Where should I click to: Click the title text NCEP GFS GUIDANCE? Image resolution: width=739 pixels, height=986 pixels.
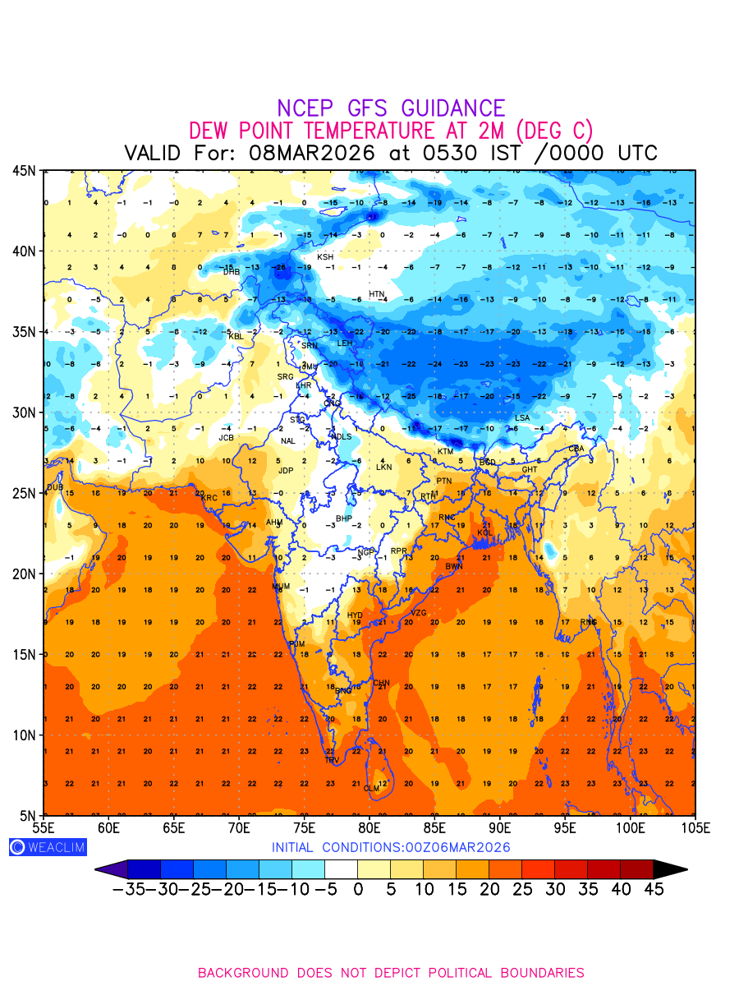pos(391,108)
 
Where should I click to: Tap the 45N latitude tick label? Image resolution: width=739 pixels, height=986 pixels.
pos(23,171)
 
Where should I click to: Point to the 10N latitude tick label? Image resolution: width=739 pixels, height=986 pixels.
pos(23,735)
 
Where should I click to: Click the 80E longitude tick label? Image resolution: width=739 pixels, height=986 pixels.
pos(369,827)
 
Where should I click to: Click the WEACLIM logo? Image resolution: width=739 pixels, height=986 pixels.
pos(48,847)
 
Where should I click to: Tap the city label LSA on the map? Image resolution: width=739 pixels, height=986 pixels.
pos(522,418)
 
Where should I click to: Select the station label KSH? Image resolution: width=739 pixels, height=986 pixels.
pos(325,257)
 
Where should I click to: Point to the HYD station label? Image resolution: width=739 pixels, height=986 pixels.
pos(355,615)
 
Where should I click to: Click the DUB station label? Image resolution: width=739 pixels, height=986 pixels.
pos(55,487)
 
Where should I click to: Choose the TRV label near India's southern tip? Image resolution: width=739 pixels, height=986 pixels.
pos(332,760)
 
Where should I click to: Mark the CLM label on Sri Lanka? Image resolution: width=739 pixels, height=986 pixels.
pos(372,788)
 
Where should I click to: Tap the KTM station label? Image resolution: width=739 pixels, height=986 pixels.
pos(445,452)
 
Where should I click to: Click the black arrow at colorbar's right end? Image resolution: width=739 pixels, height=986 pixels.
pos(671,869)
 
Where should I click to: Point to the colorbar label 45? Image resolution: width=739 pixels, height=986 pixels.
pos(654,889)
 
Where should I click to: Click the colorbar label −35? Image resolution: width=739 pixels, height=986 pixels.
pos(128,889)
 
